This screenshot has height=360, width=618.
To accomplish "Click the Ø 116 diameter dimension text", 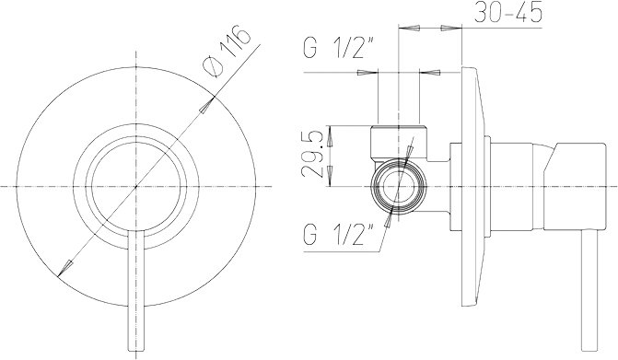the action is (x=226, y=51).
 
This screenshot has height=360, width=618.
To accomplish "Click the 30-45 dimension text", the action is (x=508, y=12).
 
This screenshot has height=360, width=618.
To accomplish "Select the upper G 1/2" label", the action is (x=339, y=47).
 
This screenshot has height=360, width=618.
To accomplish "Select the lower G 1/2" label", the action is (x=339, y=234).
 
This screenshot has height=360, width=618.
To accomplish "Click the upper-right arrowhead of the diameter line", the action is (x=206, y=104).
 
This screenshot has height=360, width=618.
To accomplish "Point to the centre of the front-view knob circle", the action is (x=136, y=186).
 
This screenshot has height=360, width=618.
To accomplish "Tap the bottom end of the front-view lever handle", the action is (x=136, y=350).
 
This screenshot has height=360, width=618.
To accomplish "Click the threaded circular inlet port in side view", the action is (x=399, y=186).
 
